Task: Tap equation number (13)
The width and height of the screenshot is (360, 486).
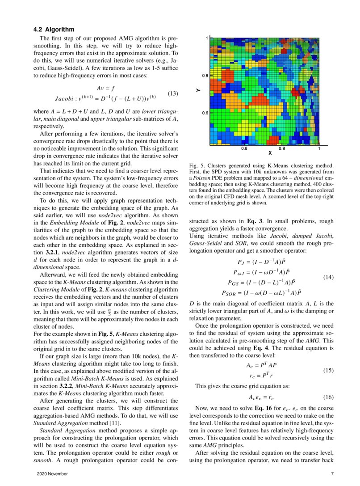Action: (x=173, y=93)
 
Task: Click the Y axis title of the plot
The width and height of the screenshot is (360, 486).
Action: (x=197, y=90)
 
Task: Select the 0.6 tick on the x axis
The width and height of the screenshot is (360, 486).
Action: (x=245, y=148)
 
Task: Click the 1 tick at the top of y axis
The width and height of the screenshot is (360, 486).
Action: (x=206, y=38)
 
